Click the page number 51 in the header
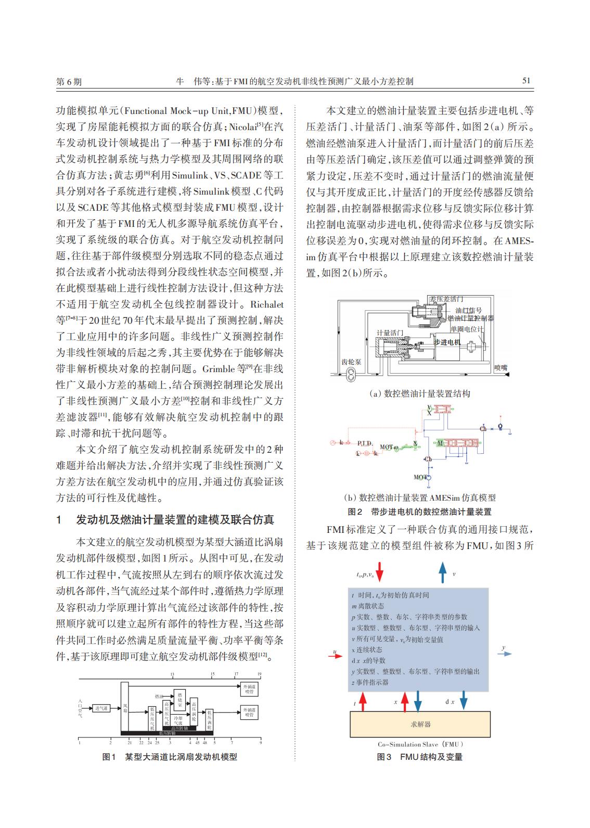click(x=525, y=81)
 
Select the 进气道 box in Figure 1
click(x=101, y=708)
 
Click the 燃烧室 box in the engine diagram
click(x=179, y=696)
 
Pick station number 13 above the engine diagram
click(x=172, y=674)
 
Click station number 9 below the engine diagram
click(x=260, y=743)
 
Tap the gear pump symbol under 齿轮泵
click(x=352, y=373)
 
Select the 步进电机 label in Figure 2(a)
click(x=447, y=342)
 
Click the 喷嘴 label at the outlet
click(x=500, y=367)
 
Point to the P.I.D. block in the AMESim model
click(x=365, y=443)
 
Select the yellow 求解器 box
click(x=420, y=724)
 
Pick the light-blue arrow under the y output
click(x=504, y=654)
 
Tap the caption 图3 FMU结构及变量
click(x=419, y=757)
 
